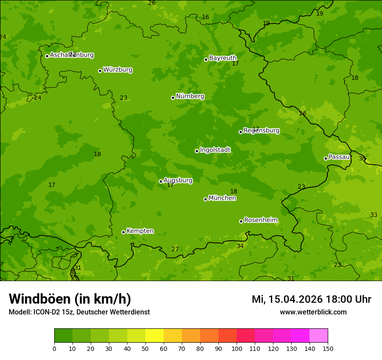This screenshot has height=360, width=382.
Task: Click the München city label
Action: click(x=222, y=198)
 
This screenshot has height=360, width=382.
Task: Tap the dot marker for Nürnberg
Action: click(x=173, y=98)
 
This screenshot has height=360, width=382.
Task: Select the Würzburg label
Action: click(x=118, y=70)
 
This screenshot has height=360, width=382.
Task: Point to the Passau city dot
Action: click(x=326, y=158)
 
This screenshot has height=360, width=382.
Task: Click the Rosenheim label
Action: click(x=260, y=220)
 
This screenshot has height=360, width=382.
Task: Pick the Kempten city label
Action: click(x=140, y=231)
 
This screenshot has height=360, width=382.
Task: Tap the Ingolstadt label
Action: click(x=215, y=150)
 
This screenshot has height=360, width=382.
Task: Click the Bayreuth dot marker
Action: click(x=206, y=59)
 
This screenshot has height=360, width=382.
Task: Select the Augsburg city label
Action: click(x=178, y=180)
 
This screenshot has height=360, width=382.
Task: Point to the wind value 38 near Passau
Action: click(x=362, y=159)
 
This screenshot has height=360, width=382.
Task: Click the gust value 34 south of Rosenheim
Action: click(x=240, y=246)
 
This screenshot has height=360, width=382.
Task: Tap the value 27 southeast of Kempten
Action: click(x=175, y=249)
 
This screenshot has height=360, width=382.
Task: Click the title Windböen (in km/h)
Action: click(x=70, y=299)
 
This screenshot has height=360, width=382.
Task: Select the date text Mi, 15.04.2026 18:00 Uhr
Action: click(x=311, y=299)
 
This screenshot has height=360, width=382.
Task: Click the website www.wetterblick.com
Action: click(x=313, y=312)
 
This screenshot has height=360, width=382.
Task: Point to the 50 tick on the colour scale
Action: click(x=145, y=348)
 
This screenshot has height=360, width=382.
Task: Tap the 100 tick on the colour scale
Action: click(x=237, y=348)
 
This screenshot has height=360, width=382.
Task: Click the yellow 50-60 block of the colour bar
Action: click(x=155, y=336)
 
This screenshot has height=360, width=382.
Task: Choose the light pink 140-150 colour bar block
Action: click(x=319, y=336)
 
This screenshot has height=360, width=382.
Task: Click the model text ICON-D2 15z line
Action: click(x=79, y=312)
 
